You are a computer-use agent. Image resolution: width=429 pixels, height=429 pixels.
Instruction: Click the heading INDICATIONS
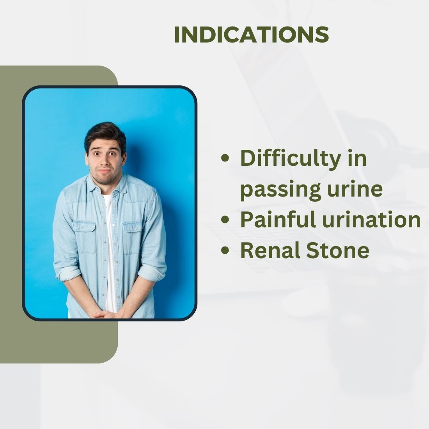coord(252,35)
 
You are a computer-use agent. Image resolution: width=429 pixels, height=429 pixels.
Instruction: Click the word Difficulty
coord(291,159)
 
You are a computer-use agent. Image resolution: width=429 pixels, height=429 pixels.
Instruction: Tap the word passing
coord(280,190)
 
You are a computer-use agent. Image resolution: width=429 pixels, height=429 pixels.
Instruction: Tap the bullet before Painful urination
coord(225,220)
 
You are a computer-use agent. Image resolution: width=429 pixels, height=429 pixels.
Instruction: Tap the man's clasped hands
coord(105,314)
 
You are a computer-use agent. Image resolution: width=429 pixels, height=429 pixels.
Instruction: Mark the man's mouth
coord(104,171)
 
